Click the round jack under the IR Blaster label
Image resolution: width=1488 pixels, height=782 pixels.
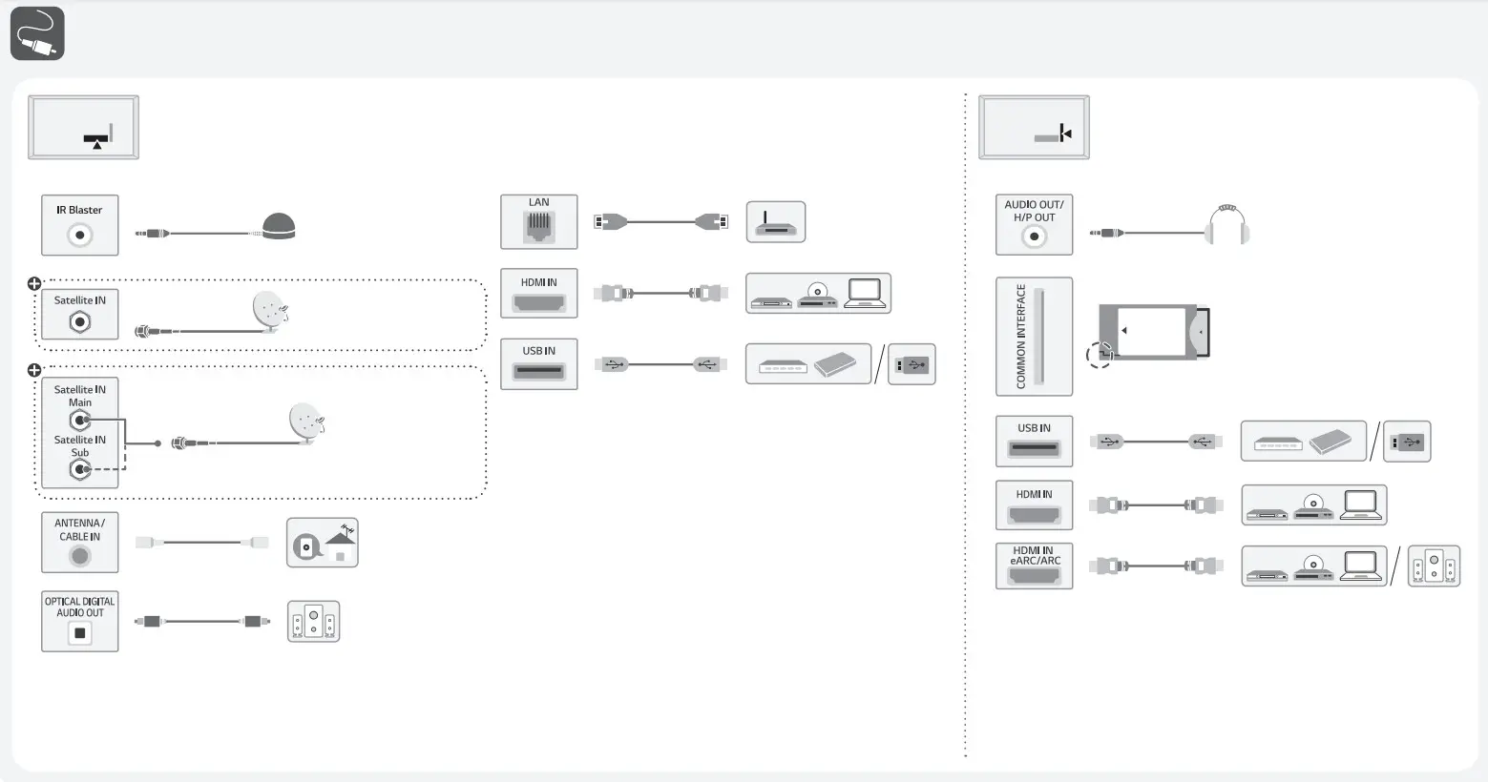coord(80,235)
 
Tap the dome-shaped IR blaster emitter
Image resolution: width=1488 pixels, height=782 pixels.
coord(279,227)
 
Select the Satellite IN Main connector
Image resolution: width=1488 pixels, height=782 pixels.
coord(80,420)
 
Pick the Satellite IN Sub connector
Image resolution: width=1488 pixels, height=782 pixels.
coord(80,469)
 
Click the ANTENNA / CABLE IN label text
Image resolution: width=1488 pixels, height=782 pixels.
coord(79,529)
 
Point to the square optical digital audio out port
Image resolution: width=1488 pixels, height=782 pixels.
coord(80,633)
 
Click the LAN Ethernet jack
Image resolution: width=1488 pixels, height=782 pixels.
coord(539,227)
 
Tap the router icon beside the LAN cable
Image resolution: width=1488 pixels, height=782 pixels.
coord(775,222)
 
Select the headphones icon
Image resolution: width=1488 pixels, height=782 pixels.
coord(1228,226)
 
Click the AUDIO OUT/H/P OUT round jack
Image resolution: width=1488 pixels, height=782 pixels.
coord(1034,237)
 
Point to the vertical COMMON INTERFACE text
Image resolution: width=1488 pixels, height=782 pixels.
coord(1020,336)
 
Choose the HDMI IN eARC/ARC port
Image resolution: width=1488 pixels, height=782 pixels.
coord(1034,575)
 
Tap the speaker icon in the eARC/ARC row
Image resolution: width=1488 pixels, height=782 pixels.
coord(1435,566)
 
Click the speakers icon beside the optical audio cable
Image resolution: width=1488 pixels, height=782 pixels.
coord(314,622)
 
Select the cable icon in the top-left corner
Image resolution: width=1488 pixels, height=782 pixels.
coord(37,33)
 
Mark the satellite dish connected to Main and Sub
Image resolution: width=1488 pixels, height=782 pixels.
coord(305,422)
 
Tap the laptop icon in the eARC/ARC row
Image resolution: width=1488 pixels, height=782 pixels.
coord(1361,566)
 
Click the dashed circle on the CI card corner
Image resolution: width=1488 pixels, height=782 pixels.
coord(1100,355)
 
